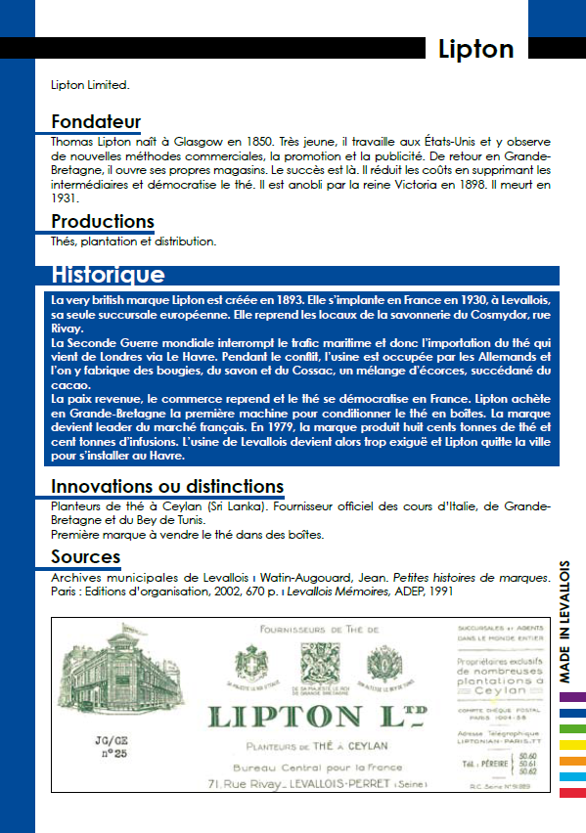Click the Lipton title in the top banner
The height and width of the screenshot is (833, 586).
point(474,49)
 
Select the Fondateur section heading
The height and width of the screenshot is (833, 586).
point(96,122)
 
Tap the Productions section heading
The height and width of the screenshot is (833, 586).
point(103,221)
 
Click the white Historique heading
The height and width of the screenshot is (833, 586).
point(108,275)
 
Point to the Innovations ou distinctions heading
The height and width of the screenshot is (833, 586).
point(167,486)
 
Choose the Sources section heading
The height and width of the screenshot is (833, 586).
point(85,556)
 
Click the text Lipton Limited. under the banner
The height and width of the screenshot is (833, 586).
point(90,85)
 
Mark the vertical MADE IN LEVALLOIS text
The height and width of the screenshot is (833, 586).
point(565,621)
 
